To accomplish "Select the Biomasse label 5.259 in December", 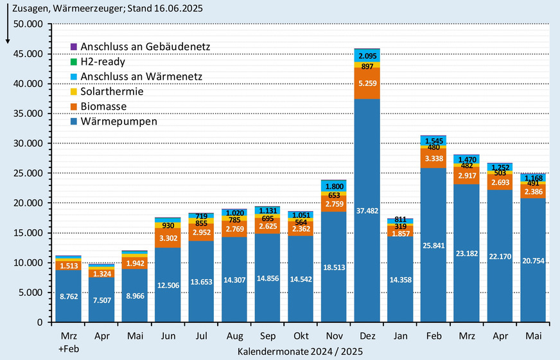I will tap(367, 83).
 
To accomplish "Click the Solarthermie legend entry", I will tap(112, 91).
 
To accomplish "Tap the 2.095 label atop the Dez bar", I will tap(367, 55).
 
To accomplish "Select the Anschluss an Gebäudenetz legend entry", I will tap(144, 47).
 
